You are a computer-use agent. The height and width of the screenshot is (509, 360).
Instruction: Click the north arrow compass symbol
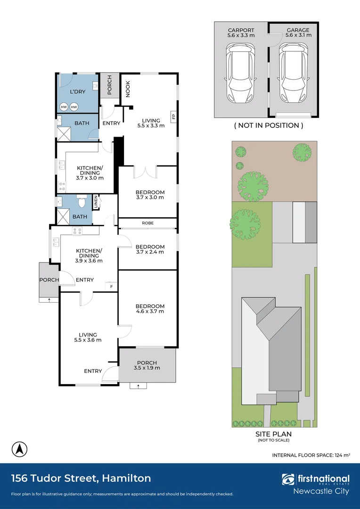[19, 450]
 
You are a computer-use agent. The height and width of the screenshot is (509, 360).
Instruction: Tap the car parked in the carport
[240, 74]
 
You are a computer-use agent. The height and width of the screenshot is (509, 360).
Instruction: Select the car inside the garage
[293, 74]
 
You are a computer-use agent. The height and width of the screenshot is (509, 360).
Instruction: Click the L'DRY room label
[78, 92]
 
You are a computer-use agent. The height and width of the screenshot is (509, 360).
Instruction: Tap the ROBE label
[147, 223]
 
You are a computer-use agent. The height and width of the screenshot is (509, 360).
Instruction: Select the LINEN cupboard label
[96, 202]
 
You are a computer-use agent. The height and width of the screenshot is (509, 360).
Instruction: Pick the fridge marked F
[112, 287]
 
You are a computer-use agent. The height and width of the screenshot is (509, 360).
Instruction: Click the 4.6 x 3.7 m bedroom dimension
[150, 312]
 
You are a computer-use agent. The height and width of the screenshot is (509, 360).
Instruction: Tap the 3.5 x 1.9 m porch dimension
[147, 368]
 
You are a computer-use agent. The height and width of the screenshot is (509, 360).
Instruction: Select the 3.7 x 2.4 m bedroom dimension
[150, 252]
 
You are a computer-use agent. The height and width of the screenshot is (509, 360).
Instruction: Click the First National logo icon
[288, 480]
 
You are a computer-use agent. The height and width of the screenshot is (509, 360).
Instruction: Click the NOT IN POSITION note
[269, 125]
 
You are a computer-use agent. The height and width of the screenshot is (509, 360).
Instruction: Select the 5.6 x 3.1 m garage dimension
[298, 35]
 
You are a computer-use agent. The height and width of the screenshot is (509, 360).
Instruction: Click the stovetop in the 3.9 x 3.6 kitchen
[77, 231]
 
